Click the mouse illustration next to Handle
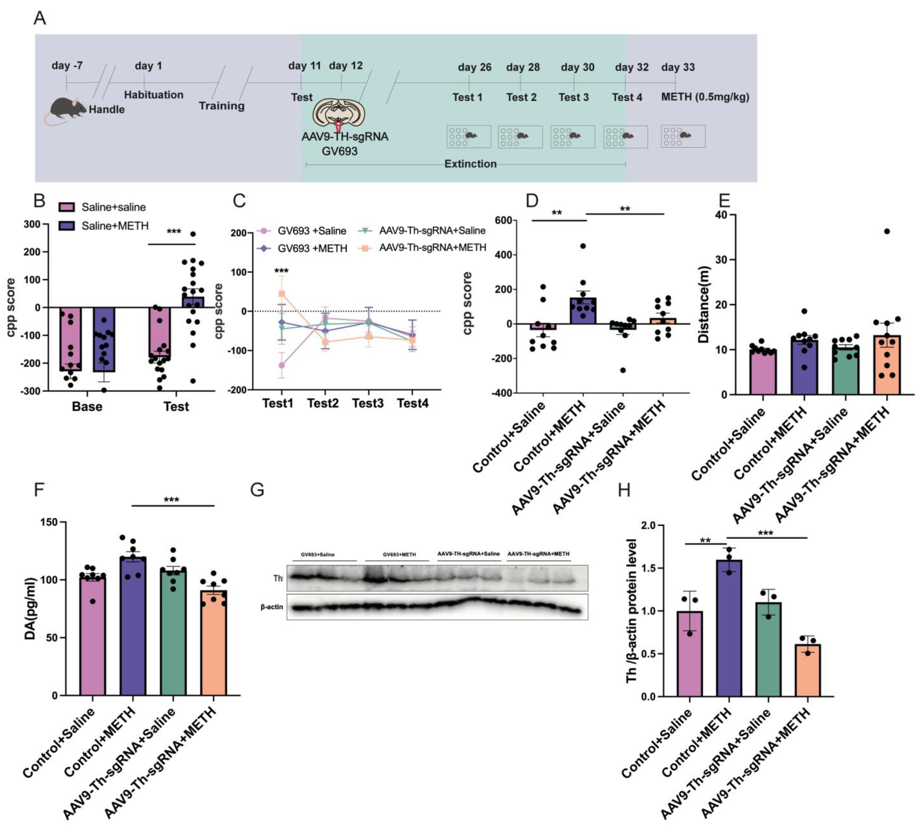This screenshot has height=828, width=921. [x=67, y=109]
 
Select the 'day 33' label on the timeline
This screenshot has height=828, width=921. [x=678, y=67]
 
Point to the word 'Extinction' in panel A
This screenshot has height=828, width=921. [x=470, y=164]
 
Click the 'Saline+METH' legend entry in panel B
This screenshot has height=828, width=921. [x=115, y=226]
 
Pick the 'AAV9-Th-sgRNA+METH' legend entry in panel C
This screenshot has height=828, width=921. [x=432, y=247]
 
